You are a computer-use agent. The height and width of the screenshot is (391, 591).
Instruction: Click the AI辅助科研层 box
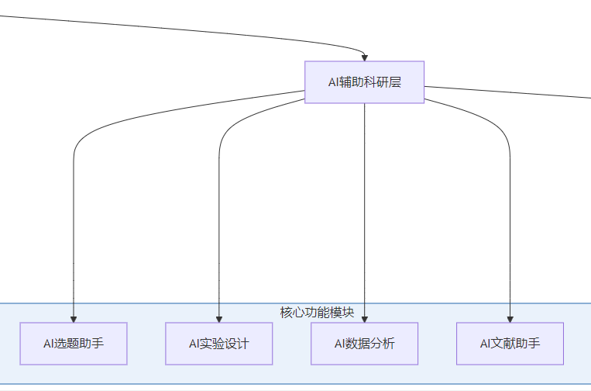[364, 82]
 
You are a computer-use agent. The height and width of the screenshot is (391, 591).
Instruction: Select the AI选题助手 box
[74, 343]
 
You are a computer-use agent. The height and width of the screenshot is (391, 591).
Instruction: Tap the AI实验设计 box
[219, 343]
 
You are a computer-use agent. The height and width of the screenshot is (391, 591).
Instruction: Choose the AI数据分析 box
[365, 343]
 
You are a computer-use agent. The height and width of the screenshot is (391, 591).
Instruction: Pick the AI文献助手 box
[510, 343]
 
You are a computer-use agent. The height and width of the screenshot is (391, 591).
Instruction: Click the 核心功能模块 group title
[317, 313]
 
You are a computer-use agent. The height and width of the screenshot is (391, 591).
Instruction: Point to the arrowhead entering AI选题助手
[74, 318]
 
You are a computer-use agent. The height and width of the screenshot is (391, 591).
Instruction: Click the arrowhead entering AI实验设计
[219, 318]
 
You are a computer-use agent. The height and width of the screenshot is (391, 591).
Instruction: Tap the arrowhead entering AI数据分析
[365, 318]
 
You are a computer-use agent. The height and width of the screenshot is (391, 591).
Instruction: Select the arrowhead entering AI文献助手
[510, 318]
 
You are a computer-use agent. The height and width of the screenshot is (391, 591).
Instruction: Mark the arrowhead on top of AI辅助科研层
[364, 57]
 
